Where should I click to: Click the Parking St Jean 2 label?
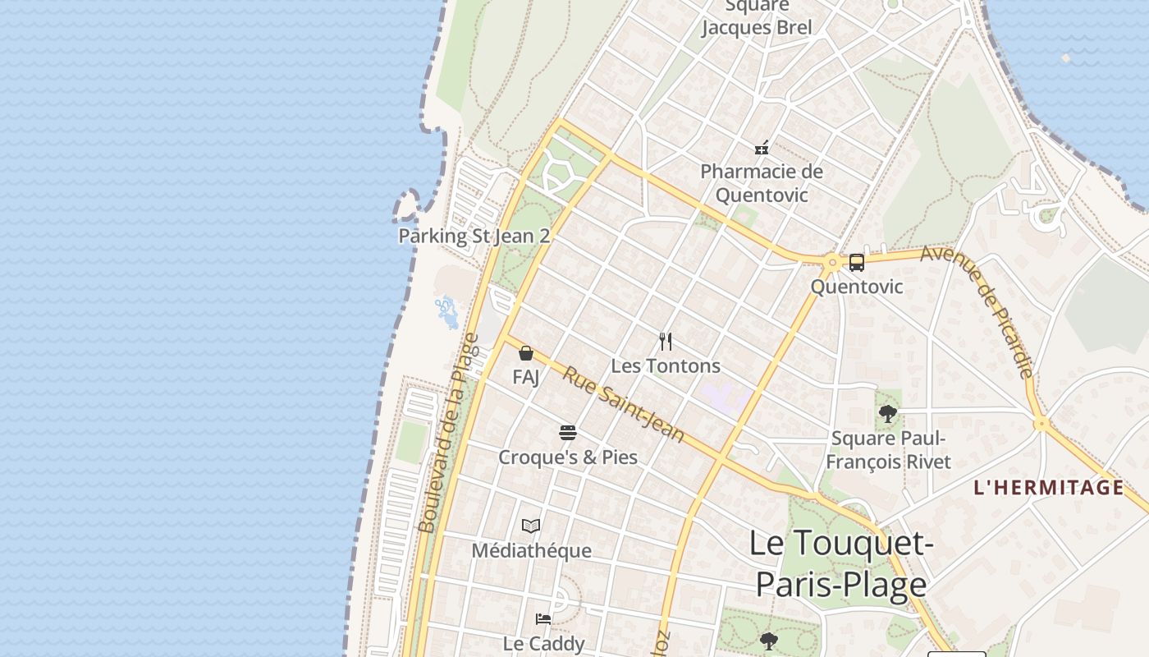click(x=474, y=237)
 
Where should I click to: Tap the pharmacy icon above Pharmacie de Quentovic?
click(x=762, y=148)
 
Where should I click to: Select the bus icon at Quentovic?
click(x=856, y=263)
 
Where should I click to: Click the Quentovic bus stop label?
click(x=856, y=287)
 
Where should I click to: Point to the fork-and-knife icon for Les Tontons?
click(x=666, y=341)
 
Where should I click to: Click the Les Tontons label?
click(x=666, y=365)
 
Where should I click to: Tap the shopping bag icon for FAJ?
click(x=526, y=353)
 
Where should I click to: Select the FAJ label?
click(x=526, y=377)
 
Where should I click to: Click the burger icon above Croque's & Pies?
click(x=567, y=432)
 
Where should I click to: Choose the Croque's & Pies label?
click(x=568, y=457)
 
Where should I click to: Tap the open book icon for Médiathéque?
click(x=531, y=526)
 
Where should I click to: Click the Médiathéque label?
click(x=531, y=550)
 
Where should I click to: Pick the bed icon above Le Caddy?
click(x=543, y=618)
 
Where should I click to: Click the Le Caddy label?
click(x=543, y=643)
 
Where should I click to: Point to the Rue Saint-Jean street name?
click(x=623, y=403)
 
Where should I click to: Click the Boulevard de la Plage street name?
click(x=448, y=433)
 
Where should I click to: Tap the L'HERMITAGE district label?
click(x=1048, y=488)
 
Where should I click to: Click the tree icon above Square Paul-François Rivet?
click(x=887, y=413)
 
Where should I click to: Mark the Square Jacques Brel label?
click(x=757, y=18)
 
